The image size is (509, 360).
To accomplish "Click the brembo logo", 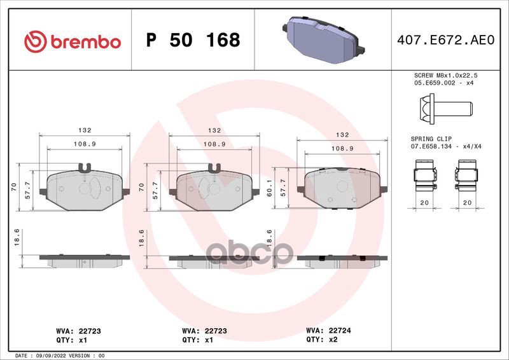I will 72,41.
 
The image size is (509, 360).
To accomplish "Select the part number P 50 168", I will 193,41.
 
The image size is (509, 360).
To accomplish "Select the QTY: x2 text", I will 324,340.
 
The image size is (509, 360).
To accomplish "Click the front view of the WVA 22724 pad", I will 342,188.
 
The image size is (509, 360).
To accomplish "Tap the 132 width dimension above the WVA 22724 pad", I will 342,135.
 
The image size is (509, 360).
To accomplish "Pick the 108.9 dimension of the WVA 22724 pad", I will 342,148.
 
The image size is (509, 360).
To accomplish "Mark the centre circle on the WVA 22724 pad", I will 341,186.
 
